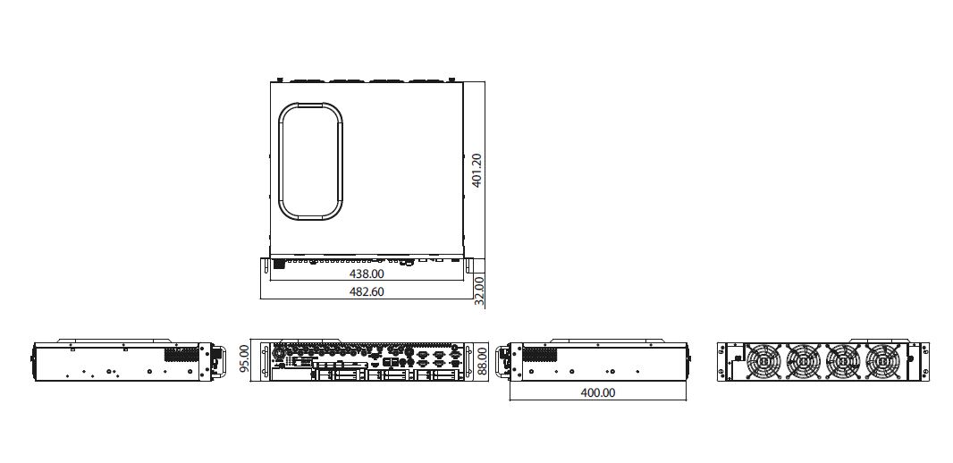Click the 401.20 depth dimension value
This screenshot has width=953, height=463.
click(477, 170)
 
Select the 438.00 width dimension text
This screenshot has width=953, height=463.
click(367, 274)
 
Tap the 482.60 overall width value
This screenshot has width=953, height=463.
click(367, 291)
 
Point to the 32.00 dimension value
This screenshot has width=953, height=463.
click(479, 291)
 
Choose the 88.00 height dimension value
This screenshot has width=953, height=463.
click(483, 360)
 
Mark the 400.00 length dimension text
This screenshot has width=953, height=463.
click(598, 392)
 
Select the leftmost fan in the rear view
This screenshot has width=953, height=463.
click(763, 362)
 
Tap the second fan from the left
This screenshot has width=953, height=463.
click(803, 362)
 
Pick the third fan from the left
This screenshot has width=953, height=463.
click(843, 362)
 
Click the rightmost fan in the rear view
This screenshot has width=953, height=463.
click(883, 362)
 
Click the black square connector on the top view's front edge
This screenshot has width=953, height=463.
click(279, 264)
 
